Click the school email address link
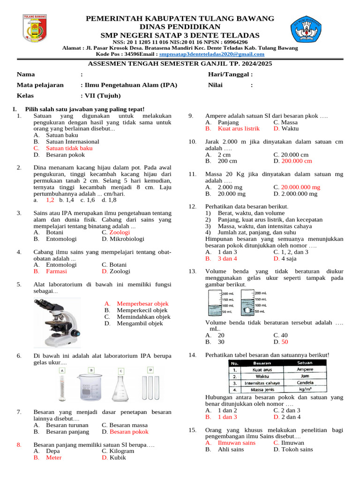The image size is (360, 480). coord(211,54)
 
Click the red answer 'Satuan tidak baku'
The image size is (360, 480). coord(69,148)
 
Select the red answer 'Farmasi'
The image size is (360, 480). coord(56,271)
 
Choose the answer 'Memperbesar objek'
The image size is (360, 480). coord(142,304)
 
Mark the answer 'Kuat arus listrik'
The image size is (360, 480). coord(239,128)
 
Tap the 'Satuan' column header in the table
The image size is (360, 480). coord(305,363)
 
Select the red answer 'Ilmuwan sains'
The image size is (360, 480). coord(236,442)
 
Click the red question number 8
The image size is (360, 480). coord(19,444)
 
